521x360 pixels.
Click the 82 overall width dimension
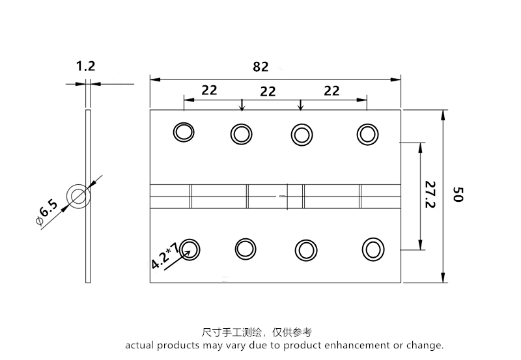(x=260, y=66)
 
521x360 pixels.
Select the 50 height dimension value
(x=457, y=194)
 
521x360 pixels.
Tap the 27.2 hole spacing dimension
(x=430, y=195)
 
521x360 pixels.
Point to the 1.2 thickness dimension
(x=86, y=66)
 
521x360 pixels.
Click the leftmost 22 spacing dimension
(x=209, y=90)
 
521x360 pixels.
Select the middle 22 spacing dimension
(x=268, y=92)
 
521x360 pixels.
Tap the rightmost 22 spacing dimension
(x=331, y=90)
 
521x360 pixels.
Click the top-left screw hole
(x=184, y=132)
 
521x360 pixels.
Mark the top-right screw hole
(x=367, y=133)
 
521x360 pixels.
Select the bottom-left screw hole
(x=190, y=247)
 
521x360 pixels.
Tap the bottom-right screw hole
(x=373, y=249)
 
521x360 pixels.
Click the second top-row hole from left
(x=241, y=135)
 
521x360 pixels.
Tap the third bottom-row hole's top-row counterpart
(x=301, y=134)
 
